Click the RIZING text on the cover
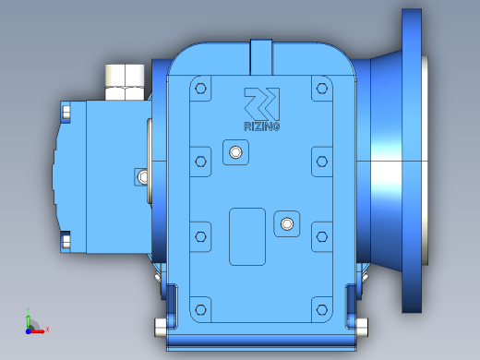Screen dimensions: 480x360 [x=262, y=126]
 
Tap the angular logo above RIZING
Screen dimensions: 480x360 [x=262, y=104]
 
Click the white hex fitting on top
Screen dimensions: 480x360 [x=125, y=82]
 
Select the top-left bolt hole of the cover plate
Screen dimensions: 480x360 [x=200, y=89]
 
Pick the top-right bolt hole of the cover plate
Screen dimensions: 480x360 [x=322, y=89]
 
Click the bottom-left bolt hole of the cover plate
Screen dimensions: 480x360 [x=200, y=309]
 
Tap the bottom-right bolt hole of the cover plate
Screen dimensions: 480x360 [x=322, y=309]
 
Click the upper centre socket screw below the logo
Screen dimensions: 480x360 [x=235, y=152]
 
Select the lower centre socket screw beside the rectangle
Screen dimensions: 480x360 [x=287, y=223]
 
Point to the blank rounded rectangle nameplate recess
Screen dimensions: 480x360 [x=247, y=236]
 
